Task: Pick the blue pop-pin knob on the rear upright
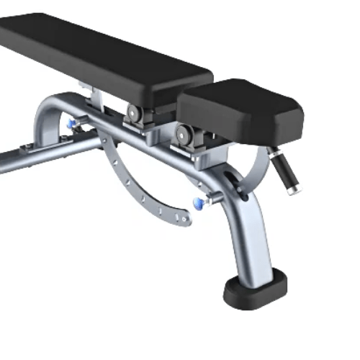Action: click(71, 124)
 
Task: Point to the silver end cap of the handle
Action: click(292, 190)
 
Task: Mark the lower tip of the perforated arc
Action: click(185, 218)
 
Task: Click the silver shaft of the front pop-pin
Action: click(207, 200)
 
